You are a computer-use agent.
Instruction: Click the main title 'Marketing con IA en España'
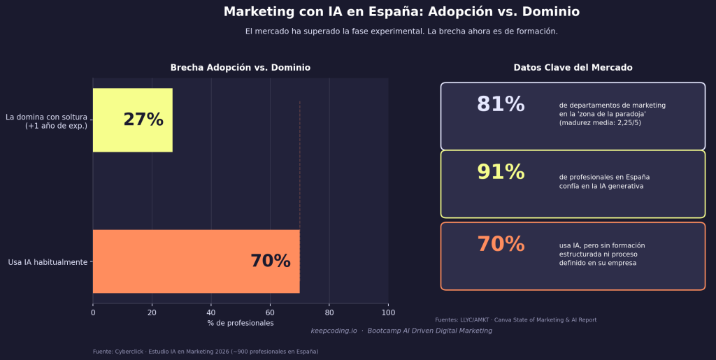coord(401,12)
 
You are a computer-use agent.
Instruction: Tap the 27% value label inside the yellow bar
coord(143,120)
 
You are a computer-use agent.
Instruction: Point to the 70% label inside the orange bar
coord(270,261)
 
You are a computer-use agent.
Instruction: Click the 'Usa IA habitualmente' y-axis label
coord(48,262)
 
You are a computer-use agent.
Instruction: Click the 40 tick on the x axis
coord(211,312)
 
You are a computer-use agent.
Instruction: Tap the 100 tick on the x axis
coord(389,312)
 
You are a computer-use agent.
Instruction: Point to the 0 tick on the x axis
coord(93,312)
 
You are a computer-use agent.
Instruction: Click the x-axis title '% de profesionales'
coord(241,323)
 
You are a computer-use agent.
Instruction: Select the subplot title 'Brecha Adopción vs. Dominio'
coord(241,68)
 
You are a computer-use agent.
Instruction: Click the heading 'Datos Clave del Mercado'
coord(573,68)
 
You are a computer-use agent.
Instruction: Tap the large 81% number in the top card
coord(501,104)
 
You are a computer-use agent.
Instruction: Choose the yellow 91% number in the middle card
coord(501,172)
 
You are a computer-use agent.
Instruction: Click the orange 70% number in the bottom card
coord(501,244)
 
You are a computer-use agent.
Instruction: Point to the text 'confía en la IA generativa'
coord(601,187)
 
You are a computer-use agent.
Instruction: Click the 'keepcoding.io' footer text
coord(334,331)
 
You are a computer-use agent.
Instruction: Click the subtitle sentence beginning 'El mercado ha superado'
coord(401,31)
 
